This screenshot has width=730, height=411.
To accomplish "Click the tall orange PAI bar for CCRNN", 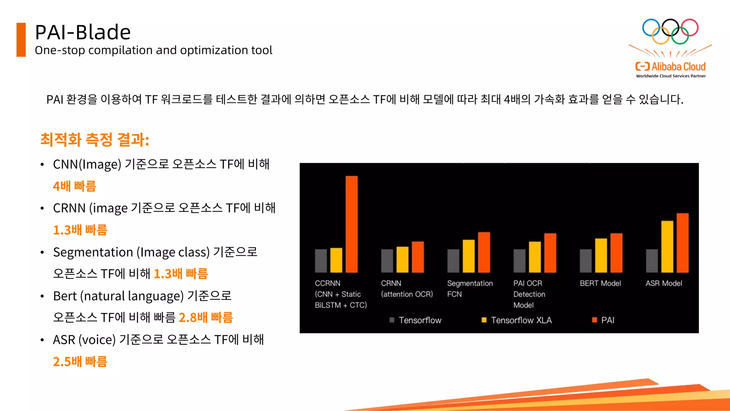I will [x=351, y=224].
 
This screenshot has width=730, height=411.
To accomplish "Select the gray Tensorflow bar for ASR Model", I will [x=652, y=261].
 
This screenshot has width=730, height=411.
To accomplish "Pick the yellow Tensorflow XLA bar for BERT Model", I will [x=601, y=255].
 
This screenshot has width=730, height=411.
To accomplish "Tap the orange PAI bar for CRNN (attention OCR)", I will [x=418, y=257].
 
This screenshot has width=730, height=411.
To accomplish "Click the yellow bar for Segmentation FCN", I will [x=469, y=256].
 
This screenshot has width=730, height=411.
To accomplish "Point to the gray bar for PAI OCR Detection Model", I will [x=519, y=261].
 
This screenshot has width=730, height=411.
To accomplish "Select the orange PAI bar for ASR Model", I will [x=683, y=243].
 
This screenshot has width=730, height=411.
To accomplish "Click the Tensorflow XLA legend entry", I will [x=516, y=320].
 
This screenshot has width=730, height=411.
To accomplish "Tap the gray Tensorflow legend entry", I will [x=416, y=320].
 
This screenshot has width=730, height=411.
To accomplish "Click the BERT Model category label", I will [x=600, y=283].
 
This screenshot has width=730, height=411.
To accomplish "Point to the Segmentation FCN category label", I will [x=470, y=289].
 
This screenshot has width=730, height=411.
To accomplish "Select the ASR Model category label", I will [x=664, y=283].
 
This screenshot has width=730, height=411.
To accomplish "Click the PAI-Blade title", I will [x=83, y=32].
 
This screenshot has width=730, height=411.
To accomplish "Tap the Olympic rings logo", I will [x=670, y=31].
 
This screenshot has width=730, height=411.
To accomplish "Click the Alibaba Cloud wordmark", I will [x=670, y=67].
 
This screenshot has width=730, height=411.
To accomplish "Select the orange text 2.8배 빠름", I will [x=206, y=318].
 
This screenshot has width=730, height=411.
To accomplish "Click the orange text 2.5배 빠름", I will [x=80, y=361].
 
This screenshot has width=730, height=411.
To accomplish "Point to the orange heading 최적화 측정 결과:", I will [x=95, y=139].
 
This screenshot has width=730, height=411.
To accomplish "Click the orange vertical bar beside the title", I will [x=21, y=40].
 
